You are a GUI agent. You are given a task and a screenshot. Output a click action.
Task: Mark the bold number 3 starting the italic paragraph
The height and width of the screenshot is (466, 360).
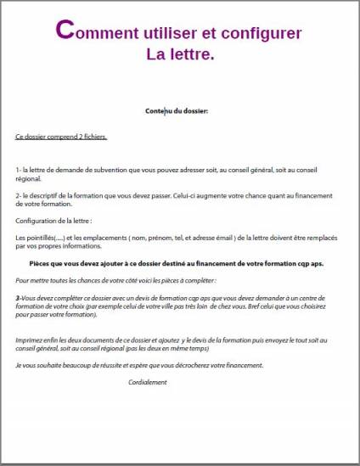click(18, 299)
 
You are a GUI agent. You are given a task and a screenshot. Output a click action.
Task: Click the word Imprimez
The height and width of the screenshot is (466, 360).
click(32, 340)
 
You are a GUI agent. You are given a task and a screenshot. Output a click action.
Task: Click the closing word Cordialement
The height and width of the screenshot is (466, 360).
click(148, 382)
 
